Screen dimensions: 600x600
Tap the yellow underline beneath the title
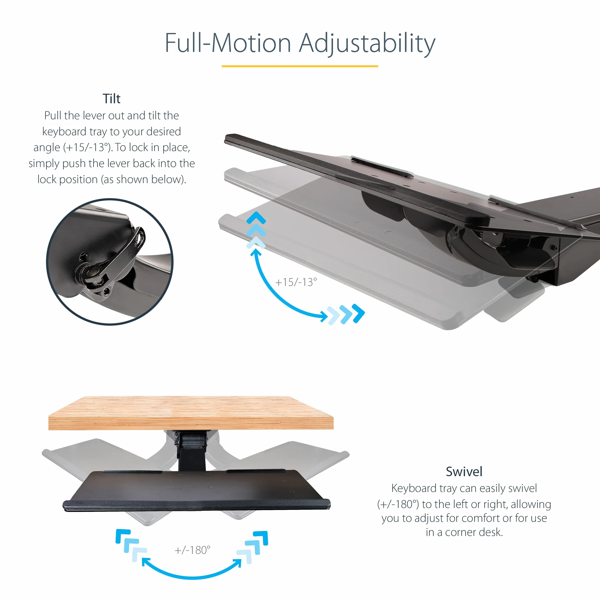(x=300, y=66)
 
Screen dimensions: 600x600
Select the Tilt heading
(x=111, y=99)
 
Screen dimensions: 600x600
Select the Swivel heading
(x=464, y=472)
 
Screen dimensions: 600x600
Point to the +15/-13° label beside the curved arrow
(x=296, y=282)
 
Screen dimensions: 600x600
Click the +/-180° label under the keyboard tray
(x=192, y=550)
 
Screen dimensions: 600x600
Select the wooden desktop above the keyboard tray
(x=191, y=413)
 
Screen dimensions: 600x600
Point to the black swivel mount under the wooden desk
(x=192, y=450)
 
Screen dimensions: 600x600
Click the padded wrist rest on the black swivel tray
(x=196, y=505)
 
